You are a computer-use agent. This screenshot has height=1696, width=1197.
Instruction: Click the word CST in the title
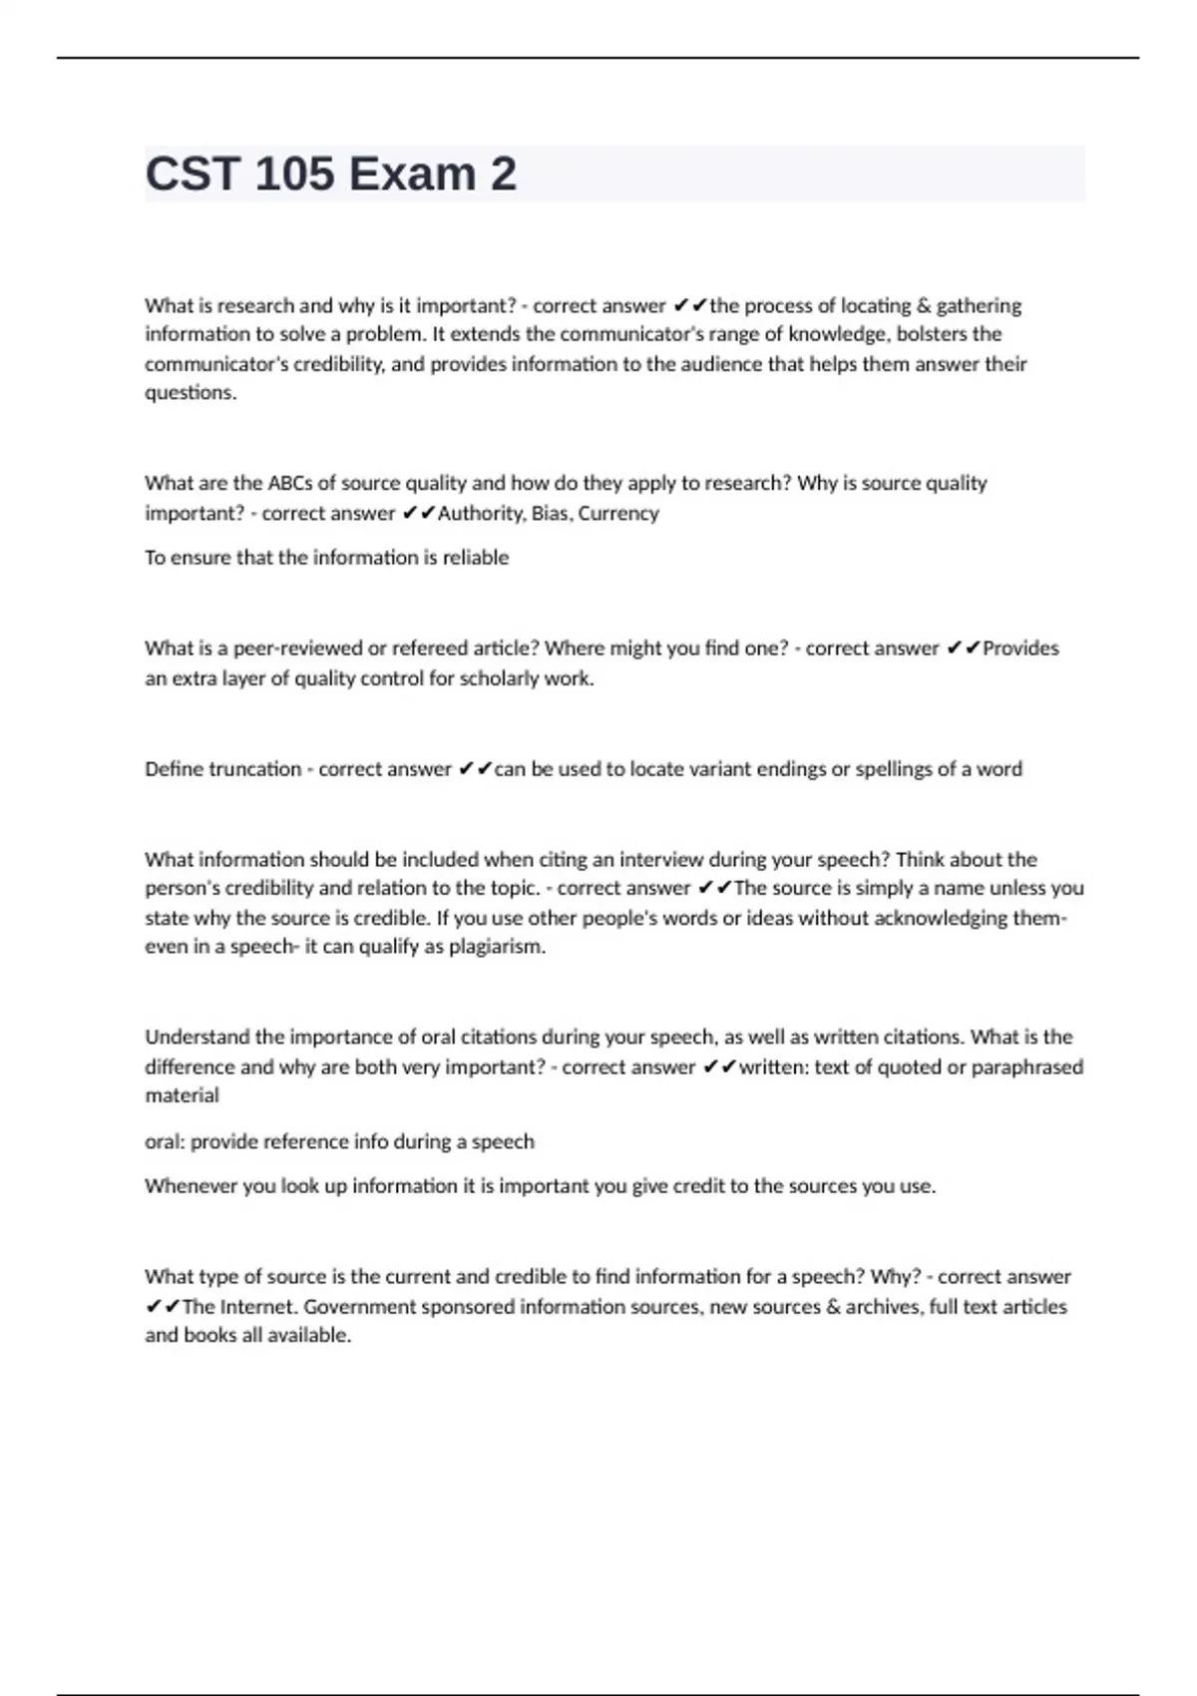[193, 175]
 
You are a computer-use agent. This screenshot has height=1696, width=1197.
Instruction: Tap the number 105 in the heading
[294, 175]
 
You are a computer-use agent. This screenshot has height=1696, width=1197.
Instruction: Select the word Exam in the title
[412, 175]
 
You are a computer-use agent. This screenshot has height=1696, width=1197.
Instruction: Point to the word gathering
[979, 305]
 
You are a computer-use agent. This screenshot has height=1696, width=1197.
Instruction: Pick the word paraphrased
[1027, 1066]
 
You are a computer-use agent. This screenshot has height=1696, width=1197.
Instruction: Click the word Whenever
[191, 1186]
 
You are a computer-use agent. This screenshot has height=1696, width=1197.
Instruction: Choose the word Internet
[258, 1307]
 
